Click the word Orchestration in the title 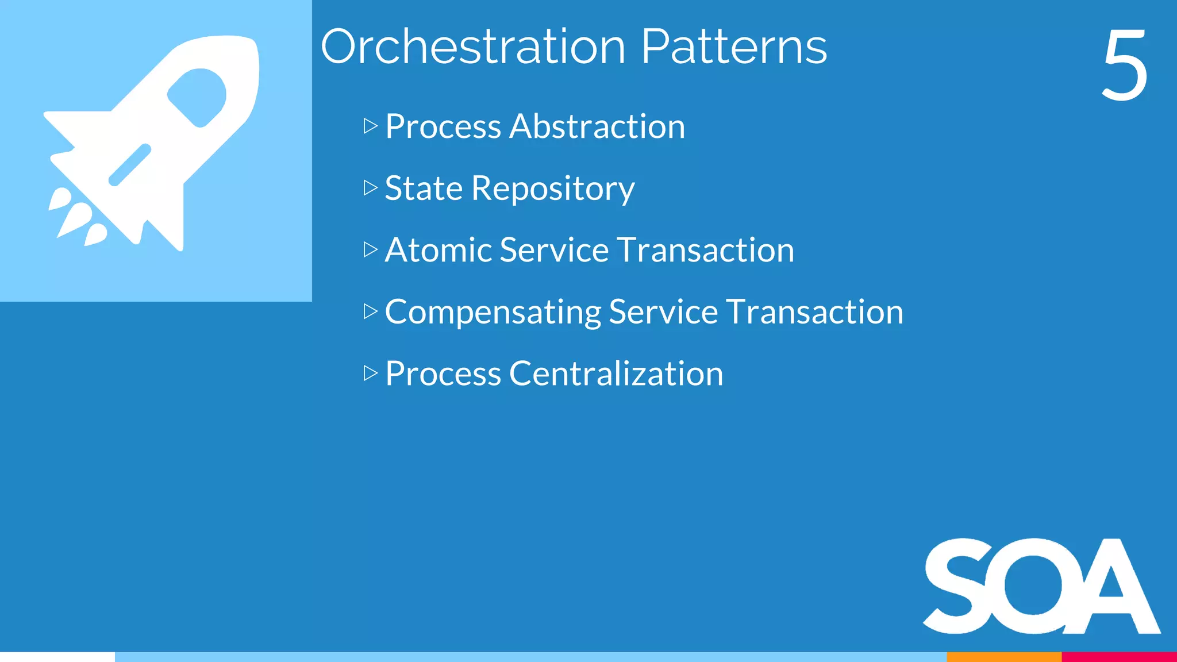[472, 47]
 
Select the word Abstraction [597, 126]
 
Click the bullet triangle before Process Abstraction [370, 126]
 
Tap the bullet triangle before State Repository [370, 188]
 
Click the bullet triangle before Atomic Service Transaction [370, 249]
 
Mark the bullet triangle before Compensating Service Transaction [370, 311]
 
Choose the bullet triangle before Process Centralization [370, 374]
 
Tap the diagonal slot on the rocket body [130, 165]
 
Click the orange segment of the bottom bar [1003, 657]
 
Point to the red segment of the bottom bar [1119, 657]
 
